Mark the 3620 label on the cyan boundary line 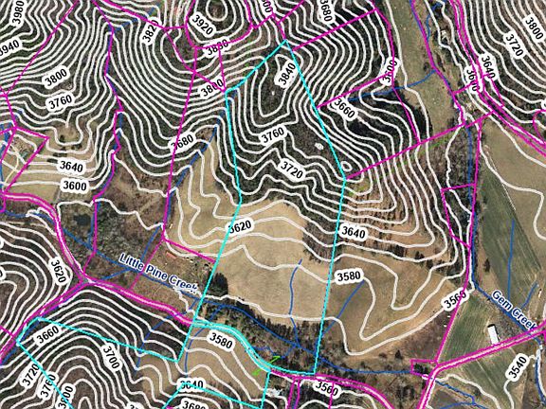click(x=241, y=229)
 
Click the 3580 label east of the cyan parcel click(x=349, y=275)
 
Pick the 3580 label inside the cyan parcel click(x=221, y=340)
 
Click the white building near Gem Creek click(x=495, y=334)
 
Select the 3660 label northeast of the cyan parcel click(x=344, y=110)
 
